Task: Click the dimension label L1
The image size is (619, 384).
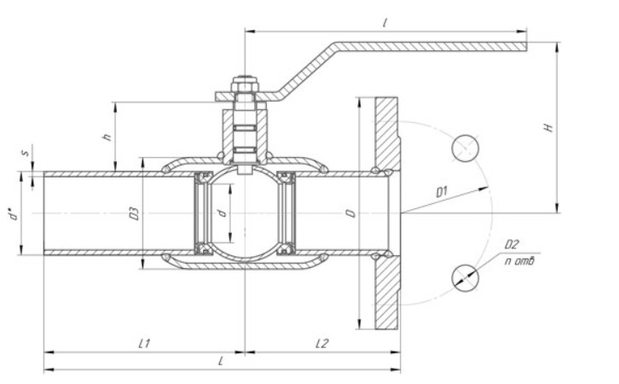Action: click(144, 343)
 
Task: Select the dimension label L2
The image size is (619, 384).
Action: click(322, 343)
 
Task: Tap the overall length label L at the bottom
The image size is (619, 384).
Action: click(222, 361)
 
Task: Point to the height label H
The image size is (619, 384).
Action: click(549, 127)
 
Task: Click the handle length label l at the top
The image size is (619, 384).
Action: click(385, 23)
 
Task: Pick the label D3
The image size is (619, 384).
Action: click(135, 213)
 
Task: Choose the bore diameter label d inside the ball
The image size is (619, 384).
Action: click(223, 212)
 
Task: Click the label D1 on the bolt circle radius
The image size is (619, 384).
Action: click(443, 192)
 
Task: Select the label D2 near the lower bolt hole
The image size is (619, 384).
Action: click(512, 245)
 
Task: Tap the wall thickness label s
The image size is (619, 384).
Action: click(26, 152)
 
